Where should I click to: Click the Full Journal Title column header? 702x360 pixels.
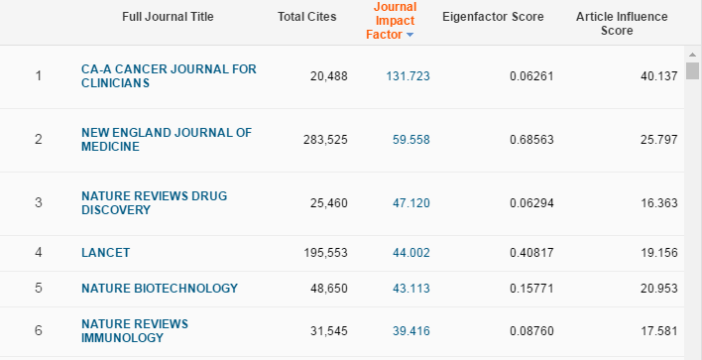pyautogui.click(x=167, y=17)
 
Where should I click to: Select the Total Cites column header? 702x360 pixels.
pyautogui.click(x=306, y=17)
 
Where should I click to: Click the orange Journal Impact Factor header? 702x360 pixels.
pyautogui.click(x=395, y=21)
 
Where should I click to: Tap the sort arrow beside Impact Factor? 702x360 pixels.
pyautogui.click(x=410, y=36)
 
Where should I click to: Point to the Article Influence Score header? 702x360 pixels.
pyautogui.click(x=622, y=24)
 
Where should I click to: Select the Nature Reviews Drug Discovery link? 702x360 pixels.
pyautogui.click(x=154, y=203)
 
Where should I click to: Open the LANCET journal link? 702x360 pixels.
pyautogui.click(x=105, y=253)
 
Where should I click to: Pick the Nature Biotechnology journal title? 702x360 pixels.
pyautogui.click(x=160, y=289)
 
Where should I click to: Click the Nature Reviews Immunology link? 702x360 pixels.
pyautogui.click(x=135, y=331)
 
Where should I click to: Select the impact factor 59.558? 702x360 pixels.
pyautogui.click(x=410, y=140)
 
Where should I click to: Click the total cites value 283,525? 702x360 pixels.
pyautogui.click(x=325, y=140)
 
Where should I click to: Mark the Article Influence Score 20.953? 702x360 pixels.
pyautogui.click(x=657, y=289)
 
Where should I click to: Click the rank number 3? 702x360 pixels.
pyautogui.click(x=39, y=203)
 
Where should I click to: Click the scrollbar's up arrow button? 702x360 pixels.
pyautogui.click(x=692, y=55)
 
